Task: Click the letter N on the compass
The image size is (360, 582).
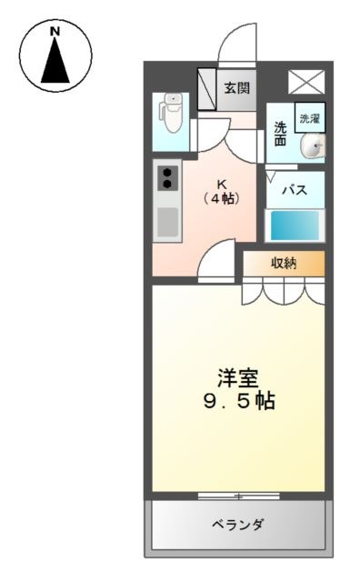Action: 55,32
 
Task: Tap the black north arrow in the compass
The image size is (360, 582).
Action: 55,60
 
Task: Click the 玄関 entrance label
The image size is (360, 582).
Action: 236,88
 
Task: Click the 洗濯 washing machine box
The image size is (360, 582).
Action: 310,118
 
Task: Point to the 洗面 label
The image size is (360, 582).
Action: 281,135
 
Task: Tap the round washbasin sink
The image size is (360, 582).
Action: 314,147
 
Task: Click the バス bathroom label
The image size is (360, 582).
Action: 295,190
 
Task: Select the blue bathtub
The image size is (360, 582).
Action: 295,226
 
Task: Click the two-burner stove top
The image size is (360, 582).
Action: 167,178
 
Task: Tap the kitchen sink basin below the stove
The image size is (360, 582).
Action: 167,222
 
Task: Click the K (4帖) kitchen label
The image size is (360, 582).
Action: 223,192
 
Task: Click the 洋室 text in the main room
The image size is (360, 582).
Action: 238,378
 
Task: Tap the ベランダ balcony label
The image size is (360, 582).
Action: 238,525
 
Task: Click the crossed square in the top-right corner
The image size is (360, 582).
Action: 306,82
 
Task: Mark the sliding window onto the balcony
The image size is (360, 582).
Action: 239,496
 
